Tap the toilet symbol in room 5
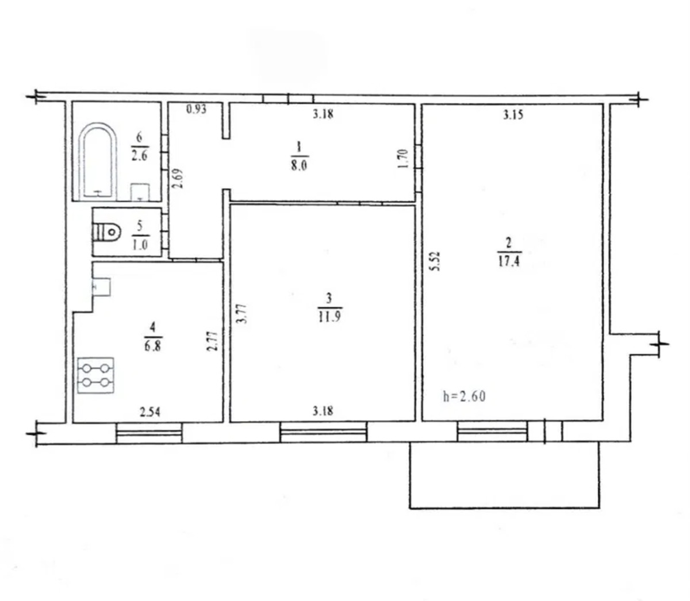(x=106, y=232)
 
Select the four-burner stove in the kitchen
(x=96, y=375)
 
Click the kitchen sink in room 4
(x=102, y=287)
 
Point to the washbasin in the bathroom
(x=140, y=192)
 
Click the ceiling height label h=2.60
(x=465, y=396)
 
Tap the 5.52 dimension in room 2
(x=436, y=261)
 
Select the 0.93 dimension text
(x=196, y=109)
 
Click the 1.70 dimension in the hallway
(x=405, y=159)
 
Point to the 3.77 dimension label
(x=242, y=313)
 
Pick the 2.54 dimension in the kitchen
(x=150, y=411)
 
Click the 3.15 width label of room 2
(x=513, y=115)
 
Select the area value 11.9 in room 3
(x=329, y=317)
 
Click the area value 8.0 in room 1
(x=299, y=165)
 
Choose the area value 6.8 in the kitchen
(x=153, y=346)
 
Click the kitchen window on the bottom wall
(x=149, y=433)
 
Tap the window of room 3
(x=323, y=432)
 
